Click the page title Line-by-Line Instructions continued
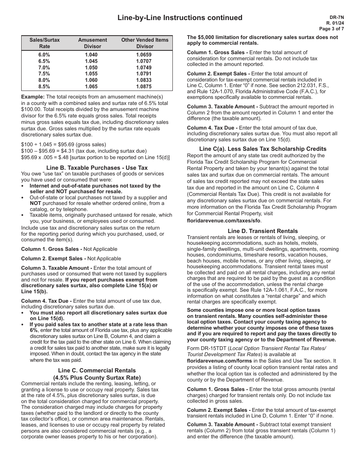180,18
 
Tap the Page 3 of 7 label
332,28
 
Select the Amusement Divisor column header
92,43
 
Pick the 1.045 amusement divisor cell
91,61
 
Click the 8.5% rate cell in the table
44,86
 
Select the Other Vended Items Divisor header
145,43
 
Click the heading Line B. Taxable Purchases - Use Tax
97,167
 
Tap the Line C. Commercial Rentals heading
97,371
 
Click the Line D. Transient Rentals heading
263,231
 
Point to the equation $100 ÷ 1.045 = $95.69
64,145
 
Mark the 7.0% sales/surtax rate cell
44,67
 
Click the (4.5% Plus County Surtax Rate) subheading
97,377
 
